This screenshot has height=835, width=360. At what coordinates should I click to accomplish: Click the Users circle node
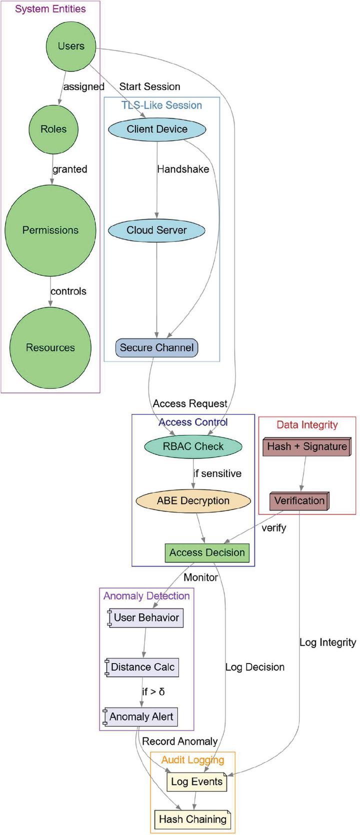pos(71,46)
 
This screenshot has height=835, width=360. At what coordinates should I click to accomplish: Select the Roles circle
pos(53,129)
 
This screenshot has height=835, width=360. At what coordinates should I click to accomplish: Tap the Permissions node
pos(50,230)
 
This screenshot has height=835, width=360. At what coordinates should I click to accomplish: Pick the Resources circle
pos(50,347)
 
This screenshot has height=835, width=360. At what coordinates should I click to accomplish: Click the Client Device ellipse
pos(157,129)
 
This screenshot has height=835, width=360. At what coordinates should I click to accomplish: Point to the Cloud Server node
pos(157,230)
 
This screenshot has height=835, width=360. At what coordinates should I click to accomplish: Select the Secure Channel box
pos(157,347)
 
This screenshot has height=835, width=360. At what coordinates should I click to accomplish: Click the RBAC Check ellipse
pos(193,446)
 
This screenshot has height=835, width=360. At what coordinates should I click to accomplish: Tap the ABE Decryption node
pos(193,500)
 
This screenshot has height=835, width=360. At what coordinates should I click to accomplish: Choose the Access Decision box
pos(207,552)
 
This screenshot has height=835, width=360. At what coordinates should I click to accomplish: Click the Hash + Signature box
pos(306,446)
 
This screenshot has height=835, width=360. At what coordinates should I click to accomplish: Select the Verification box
pos(299,500)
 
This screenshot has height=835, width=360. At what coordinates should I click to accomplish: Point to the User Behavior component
pos(146,617)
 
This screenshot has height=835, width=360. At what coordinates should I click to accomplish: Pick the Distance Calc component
pos(142,667)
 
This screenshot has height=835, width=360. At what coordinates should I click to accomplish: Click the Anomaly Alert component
pos(141,716)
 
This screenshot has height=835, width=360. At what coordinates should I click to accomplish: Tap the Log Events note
pos(196,781)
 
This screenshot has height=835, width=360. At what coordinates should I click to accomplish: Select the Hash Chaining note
pos(192,819)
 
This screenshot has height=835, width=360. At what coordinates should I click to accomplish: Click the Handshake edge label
pos(183,169)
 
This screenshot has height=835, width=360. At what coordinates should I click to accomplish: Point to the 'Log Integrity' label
pos(327,642)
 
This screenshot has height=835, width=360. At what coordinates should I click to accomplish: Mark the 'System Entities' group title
pos(50,9)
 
